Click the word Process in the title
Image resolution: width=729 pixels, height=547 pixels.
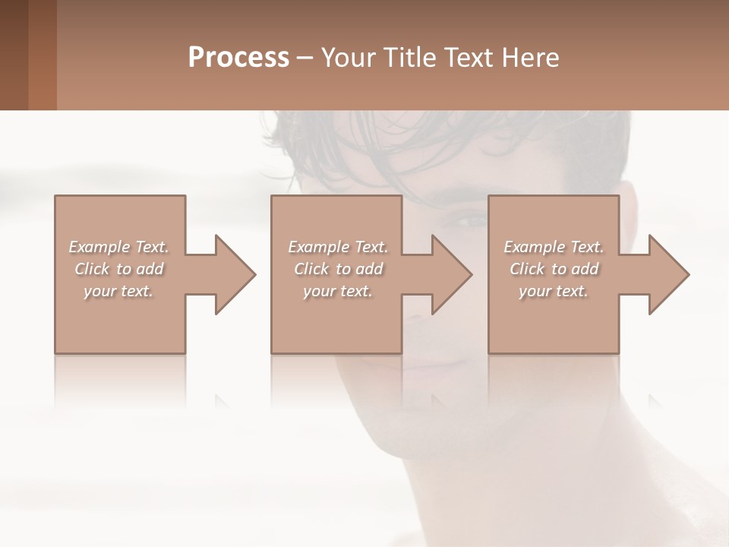pos(238,57)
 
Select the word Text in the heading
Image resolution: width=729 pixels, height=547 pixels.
pos(471,57)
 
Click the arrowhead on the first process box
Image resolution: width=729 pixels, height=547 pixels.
pos(232,274)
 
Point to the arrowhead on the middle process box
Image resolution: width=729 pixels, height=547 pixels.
pos(448,274)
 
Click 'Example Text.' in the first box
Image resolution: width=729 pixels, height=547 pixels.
pos(118,247)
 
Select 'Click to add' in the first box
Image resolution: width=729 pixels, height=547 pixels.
pos(118,269)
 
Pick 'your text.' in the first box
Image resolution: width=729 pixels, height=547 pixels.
pos(118,291)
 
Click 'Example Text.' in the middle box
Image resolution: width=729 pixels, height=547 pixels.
pos(337,247)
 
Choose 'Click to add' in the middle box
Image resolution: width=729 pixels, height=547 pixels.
pos(337,269)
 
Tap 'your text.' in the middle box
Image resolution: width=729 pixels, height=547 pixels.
pos(337,291)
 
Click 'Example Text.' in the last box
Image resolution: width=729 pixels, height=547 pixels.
pos(554,247)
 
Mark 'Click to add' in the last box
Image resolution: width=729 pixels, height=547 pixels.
pos(554,269)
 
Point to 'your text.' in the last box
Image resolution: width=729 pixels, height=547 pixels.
pos(554,291)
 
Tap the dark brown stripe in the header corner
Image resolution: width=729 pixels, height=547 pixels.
pos(14,55)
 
